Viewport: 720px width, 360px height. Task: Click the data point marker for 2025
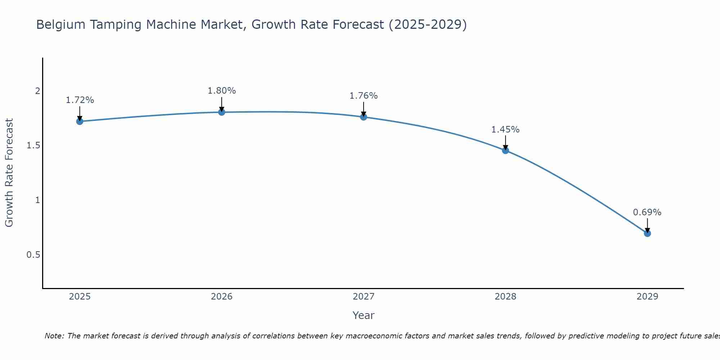coord(80,121)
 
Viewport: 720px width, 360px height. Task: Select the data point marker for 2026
coord(221,112)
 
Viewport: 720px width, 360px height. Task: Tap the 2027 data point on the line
coord(364,117)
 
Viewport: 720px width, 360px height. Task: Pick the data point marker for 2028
coord(505,150)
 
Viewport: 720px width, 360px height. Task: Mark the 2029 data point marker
coord(647,233)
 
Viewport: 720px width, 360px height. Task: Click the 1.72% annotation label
coord(80,100)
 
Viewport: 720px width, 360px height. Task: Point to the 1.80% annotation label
coord(221,91)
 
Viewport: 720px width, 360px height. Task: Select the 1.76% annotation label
coord(364,96)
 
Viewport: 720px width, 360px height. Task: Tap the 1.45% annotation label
coord(505,130)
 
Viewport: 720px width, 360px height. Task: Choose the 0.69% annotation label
coord(647,212)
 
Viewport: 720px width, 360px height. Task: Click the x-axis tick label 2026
coord(221,297)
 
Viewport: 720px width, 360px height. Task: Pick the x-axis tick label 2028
coord(505,297)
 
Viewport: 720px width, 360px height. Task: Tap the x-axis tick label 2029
coord(647,297)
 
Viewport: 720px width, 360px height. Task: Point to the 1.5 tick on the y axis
coord(33,145)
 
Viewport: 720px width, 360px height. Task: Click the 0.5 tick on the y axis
coord(33,255)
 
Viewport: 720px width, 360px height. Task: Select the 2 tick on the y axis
coord(37,91)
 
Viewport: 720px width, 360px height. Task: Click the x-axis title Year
coord(364,315)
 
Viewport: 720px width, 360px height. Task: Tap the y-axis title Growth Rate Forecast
coord(9,173)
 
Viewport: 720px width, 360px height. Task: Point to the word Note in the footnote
coord(54,336)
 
